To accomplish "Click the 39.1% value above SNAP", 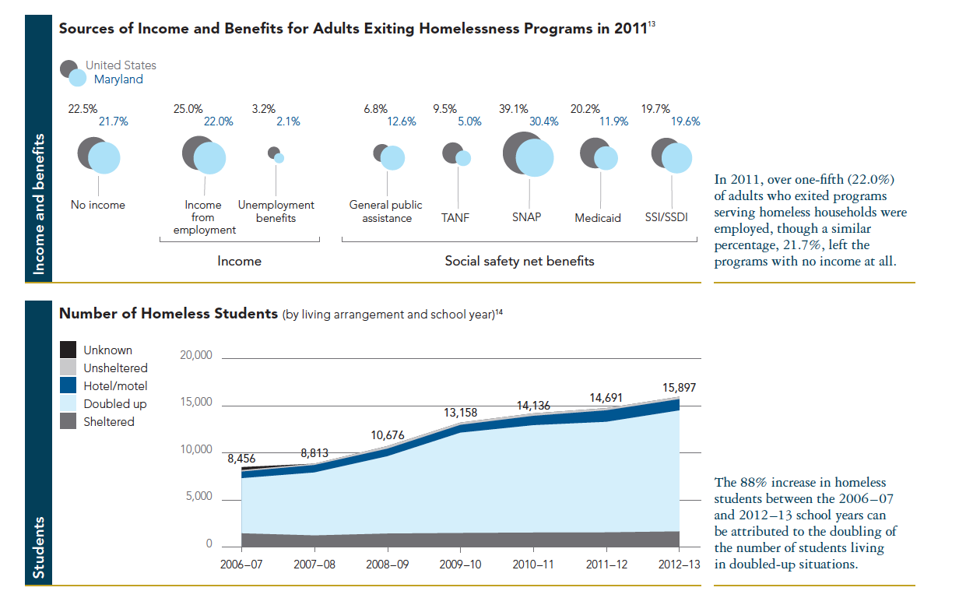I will pos(514,110).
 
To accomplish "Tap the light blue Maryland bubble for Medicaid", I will pos(606,158).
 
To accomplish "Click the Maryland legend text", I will pos(118,79).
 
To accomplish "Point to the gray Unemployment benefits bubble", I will pos(272,153).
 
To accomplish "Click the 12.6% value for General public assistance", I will pos(402,121).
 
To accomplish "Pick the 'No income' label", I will pos(98,205).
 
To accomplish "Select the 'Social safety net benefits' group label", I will pos(519,261).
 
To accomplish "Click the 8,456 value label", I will pos(241,459).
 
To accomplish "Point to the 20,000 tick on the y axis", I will pos(196,356).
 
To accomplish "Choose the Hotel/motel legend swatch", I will pos(68,385).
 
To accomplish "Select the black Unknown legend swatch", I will pos(68,350).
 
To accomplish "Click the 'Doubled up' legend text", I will pos(115,404).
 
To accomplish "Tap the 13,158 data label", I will pos(461,413).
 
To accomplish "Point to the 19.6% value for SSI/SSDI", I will pos(684,121).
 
